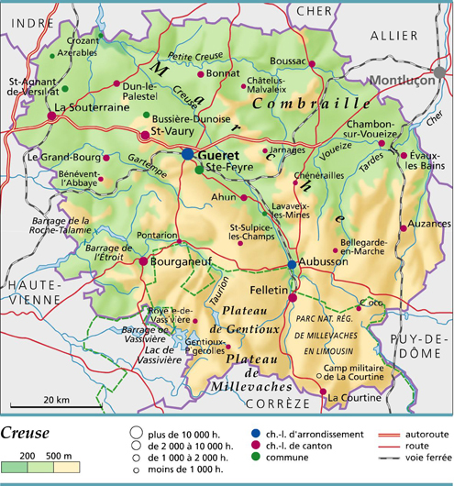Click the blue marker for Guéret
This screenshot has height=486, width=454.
(x=188, y=155)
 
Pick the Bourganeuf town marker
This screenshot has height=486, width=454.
(x=143, y=261)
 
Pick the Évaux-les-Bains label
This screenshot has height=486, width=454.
(x=426, y=161)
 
